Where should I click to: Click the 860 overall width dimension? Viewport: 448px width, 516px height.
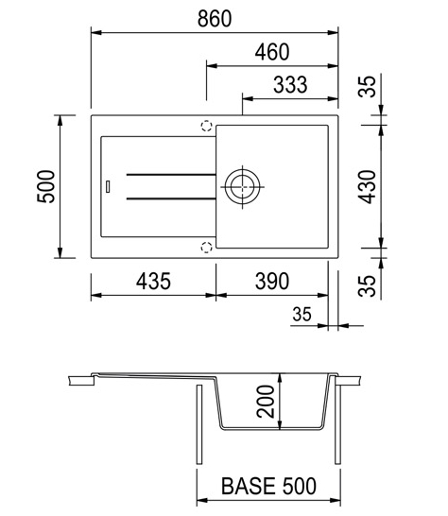click(215, 19)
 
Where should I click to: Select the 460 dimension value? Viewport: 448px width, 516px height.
click(272, 52)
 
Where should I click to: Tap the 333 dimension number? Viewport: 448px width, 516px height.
click(290, 84)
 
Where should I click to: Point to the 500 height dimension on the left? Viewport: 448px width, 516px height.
click(46, 186)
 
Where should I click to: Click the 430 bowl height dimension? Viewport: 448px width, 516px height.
click(367, 186)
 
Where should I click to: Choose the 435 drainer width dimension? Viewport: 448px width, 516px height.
click(153, 282)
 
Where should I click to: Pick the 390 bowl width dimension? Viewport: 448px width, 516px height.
click(272, 282)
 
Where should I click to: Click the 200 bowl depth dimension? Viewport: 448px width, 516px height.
click(266, 402)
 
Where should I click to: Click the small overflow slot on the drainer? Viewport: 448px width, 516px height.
click(108, 186)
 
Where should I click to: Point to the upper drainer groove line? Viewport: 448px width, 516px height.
click(171, 175)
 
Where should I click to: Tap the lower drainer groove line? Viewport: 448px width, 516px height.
click(171, 198)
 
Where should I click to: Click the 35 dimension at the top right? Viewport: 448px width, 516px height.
click(367, 87)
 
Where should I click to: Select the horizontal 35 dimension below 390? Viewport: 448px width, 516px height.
click(302, 315)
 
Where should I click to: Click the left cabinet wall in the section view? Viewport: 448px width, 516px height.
click(199, 424)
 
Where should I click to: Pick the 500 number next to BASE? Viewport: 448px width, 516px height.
click(299, 486)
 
